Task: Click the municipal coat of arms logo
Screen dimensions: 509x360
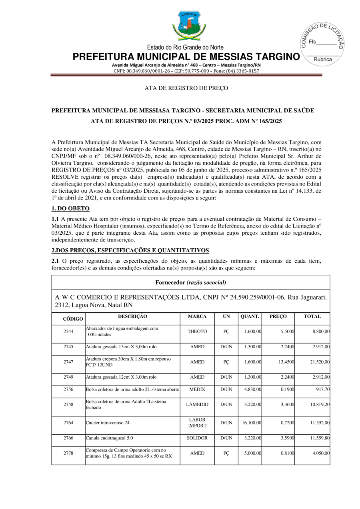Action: pyautogui.click(x=186, y=26)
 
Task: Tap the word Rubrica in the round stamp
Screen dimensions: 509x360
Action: pyautogui.click(x=323, y=59)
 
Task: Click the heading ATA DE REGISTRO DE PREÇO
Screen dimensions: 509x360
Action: pyautogui.click(x=186, y=88)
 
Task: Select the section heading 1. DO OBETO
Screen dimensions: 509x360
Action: pyautogui.click(x=70, y=208)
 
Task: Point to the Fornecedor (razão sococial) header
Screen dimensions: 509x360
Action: pyautogui.click(x=191, y=282)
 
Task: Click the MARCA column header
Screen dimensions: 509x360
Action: pyautogui.click(x=197, y=316)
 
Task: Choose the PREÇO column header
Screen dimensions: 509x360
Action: pyautogui.click(x=278, y=316)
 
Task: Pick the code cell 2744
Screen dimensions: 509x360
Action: pyautogui.click(x=68, y=331)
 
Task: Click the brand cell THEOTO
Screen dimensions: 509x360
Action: pyautogui.click(x=197, y=331)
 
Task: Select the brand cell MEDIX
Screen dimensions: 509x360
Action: pyautogui.click(x=197, y=389)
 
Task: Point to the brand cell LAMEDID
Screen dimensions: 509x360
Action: pyautogui.click(x=197, y=404)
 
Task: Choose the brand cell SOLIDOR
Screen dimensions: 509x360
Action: pyautogui.click(x=197, y=438)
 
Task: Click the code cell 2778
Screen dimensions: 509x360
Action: pyautogui.click(x=68, y=453)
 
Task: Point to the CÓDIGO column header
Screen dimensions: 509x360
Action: pyautogui.click(x=73, y=319)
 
